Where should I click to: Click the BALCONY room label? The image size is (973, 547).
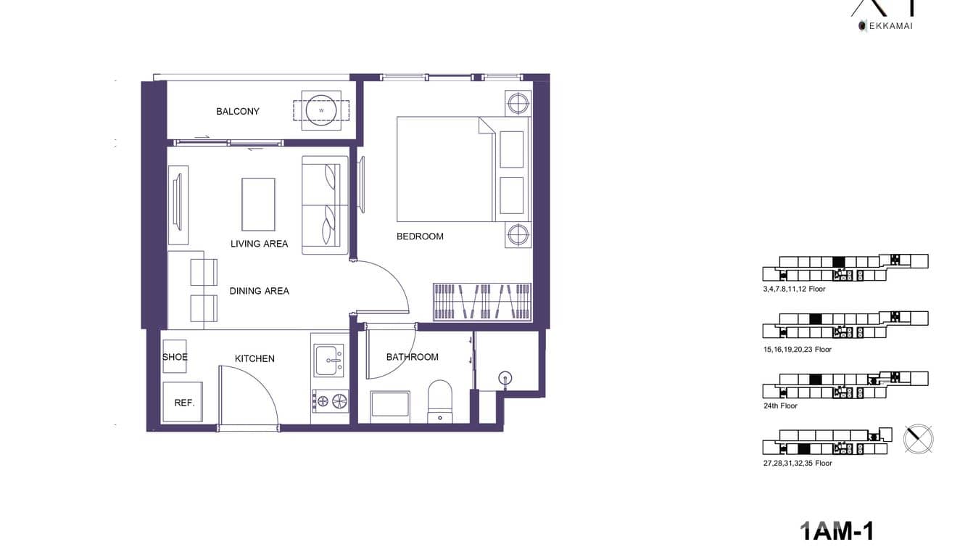click(237, 111)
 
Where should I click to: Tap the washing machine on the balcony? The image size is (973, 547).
click(320, 110)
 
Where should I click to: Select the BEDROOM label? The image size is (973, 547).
click(420, 236)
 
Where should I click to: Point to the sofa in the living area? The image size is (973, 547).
click(324, 205)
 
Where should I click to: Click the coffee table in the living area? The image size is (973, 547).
click(258, 203)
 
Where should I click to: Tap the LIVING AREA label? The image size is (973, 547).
click(259, 244)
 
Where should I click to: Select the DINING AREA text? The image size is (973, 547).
click(259, 291)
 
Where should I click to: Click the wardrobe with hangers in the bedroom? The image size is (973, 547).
click(482, 302)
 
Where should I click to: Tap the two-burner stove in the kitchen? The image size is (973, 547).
click(330, 400)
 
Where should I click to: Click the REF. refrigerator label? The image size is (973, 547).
click(184, 403)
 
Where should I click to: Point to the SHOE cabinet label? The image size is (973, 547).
click(175, 357)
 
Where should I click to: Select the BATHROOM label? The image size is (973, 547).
click(412, 357)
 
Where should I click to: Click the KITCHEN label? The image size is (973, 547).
click(254, 358)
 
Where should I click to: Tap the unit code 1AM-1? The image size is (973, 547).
click(836, 531)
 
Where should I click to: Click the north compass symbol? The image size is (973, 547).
click(919, 439)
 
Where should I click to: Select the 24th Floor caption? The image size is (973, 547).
click(780, 406)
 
